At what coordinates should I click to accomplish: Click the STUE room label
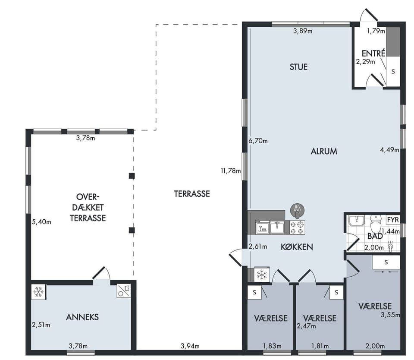pyautogui.click(x=298, y=67)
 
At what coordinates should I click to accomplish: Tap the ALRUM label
pyautogui.click(x=324, y=151)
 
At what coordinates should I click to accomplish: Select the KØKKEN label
pyautogui.click(x=297, y=246)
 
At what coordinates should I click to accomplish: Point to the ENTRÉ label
pyautogui.click(x=373, y=53)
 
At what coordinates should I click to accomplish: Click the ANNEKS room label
pyautogui.click(x=82, y=317)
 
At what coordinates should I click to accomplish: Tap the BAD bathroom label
pyautogui.click(x=375, y=236)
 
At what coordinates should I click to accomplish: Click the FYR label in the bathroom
pyautogui.click(x=393, y=220)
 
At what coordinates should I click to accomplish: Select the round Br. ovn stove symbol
pyautogui.click(x=297, y=211)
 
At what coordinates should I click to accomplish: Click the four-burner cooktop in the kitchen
pyautogui.click(x=297, y=227)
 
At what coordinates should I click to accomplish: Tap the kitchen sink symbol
pyautogui.click(x=277, y=227)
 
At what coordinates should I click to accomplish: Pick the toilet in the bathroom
pyautogui.click(x=375, y=224)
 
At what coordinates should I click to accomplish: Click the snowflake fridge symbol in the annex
pyautogui.click(x=38, y=292)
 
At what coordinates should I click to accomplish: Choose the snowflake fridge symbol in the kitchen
pyautogui.click(x=262, y=275)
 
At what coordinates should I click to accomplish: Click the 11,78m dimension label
pyautogui.click(x=231, y=171)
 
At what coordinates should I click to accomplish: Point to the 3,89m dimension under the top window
pyautogui.click(x=303, y=31)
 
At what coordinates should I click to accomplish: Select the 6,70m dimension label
pyautogui.click(x=258, y=141)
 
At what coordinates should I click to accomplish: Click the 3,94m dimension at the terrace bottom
pyautogui.click(x=190, y=346)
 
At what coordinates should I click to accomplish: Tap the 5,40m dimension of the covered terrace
pyautogui.click(x=41, y=222)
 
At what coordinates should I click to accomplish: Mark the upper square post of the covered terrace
pyautogui.click(x=132, y=176)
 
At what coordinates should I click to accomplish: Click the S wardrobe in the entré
pyautogui.click(x=393, y=71)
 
